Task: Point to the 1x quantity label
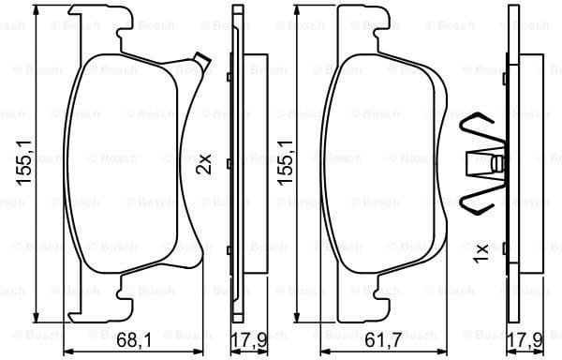481,253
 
